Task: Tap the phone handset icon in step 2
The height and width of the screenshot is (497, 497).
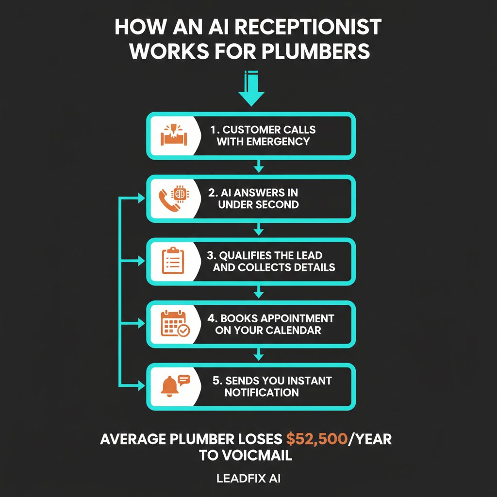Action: (x=168, y=199)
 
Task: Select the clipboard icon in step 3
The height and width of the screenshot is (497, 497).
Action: (x=173, y=261)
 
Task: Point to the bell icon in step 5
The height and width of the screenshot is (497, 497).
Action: (x=169, y=386)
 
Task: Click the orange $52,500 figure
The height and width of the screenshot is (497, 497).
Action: (x=316, y=439)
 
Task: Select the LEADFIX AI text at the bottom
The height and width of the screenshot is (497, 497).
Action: (x=248, y=478)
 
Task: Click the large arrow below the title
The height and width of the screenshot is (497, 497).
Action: (x=251, y=90)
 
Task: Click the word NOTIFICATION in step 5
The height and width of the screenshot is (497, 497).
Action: (x=262, y=392)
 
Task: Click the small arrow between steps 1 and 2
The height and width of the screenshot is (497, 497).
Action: (x=259, y=166)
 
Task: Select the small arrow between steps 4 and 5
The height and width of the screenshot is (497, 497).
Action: (x=259, y=355)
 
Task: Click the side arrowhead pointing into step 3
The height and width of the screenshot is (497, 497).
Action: (x=141, y=261)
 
